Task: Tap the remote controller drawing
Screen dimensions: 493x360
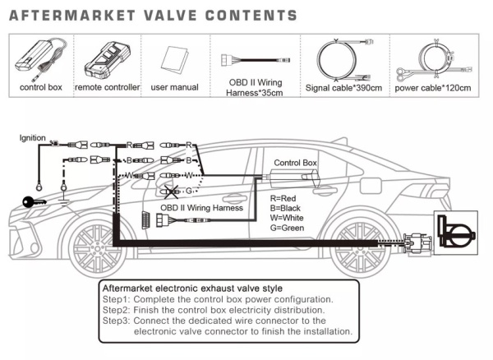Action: click(108, 59)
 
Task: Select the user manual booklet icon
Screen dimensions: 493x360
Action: click(174, 60)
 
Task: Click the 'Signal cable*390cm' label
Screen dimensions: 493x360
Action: click(343, 88)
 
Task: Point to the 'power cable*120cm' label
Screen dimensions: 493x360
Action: click(433, 88)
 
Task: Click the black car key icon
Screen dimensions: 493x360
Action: click(34, 202)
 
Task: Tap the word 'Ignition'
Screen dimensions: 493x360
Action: click(32, 138)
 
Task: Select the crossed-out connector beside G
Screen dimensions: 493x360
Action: click(171, 192)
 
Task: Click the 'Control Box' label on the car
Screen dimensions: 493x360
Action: click(295, 163)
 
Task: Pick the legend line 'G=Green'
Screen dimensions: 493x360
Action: click(287, 228)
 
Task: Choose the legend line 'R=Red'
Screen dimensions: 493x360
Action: click(283, 198)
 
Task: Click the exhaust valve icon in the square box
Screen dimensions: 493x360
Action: click(456, 233)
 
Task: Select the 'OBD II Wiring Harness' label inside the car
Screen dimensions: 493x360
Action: click(201, 208)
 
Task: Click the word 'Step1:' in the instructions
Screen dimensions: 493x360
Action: click(116, 299)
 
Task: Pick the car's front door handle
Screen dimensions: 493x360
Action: click(234, 199)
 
